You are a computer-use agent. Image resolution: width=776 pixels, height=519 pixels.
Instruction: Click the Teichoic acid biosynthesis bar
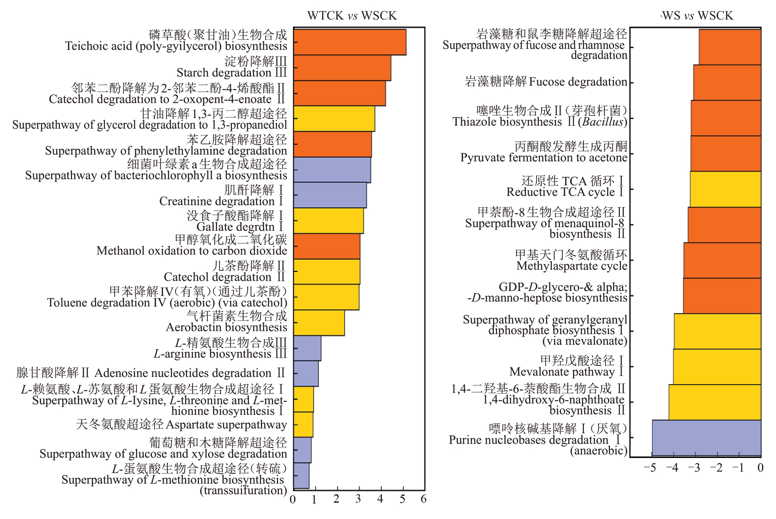pos(349,42)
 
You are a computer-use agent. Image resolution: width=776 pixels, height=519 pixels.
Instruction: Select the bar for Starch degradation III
pos(342,68)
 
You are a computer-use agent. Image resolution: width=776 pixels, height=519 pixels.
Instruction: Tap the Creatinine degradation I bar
pos(330,195)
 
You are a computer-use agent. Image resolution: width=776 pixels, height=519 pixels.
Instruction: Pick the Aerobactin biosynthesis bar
pos(319,323)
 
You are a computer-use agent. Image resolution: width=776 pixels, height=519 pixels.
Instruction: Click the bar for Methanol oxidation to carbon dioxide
pos(326,246)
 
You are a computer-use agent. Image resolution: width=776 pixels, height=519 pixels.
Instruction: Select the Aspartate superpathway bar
pos(303,425)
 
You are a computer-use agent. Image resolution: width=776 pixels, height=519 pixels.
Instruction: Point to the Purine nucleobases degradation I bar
pos(706,438)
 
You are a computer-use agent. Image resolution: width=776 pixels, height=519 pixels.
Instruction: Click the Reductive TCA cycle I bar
pos(725,189)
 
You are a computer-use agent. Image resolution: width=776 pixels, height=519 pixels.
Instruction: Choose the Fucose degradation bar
pos(727,83)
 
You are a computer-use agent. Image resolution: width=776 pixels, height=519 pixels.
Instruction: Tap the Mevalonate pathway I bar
pos(717,367)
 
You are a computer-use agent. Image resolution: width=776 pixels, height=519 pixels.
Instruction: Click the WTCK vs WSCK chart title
pos(352,16)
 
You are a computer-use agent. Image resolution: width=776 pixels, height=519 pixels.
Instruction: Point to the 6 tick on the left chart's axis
pos(424,499)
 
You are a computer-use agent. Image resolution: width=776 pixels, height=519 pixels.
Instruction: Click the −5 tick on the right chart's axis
pos(650,468)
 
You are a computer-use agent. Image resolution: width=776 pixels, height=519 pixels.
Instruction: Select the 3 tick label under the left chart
pos(358,499)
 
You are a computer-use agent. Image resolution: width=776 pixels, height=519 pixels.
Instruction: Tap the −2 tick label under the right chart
pos(716,468)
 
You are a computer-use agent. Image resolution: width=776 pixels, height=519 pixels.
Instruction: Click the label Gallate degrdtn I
pos(239,227)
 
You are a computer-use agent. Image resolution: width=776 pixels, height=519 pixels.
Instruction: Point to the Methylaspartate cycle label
pos(571,266)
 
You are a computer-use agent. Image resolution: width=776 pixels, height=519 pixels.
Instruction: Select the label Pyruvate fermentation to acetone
pos(544,158)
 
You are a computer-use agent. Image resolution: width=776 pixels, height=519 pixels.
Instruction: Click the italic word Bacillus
pos(602,122)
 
